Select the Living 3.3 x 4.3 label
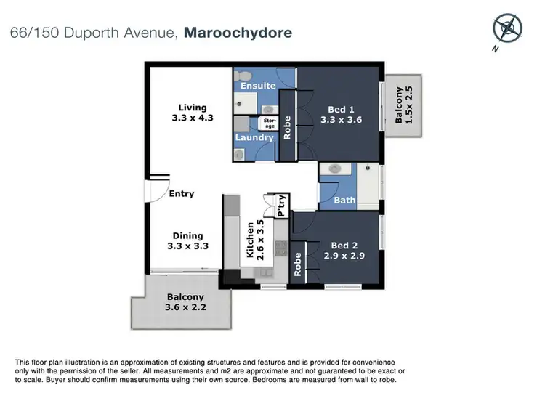(x=192, y=113)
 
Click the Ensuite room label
(x=258, y=86)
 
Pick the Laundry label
(x=254, y=137)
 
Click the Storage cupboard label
(x=270, y=123)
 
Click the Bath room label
(x=344, y=200)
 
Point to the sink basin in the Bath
(x=335, y=169)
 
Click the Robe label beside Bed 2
(x=298, y=262)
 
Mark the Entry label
(x=181, y=194)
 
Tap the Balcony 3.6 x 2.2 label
(x=185, y=302)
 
